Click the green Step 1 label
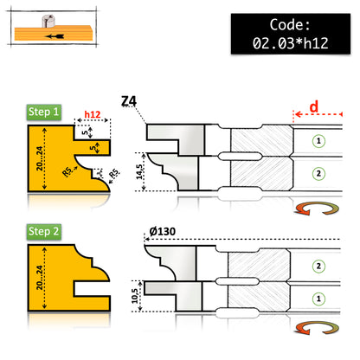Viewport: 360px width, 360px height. tap(44, 112)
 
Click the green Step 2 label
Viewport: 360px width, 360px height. tap(44, 232)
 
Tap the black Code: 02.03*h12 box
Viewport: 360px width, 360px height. tap(291, 34)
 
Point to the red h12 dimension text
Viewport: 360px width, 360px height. tap(93, 114)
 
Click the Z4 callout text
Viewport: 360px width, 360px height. tap(129, 101)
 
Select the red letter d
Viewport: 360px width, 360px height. tap(314, 106)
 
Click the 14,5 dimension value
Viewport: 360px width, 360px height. tap(139, 172)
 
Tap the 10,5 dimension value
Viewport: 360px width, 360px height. tap(135, 296)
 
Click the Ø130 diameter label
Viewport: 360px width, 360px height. tap(163, 231)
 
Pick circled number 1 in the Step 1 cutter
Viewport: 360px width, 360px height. tap(318, 141)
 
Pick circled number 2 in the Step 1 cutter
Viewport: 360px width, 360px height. tap(318, 174)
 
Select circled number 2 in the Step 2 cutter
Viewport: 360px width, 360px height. tap(318, 266)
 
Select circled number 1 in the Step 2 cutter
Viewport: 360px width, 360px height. tap(318, 299)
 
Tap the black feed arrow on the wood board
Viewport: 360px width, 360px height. tap(55, 36)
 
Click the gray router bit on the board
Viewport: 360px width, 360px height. tap(48, 21)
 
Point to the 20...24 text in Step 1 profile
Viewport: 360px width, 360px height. tap(40, 158)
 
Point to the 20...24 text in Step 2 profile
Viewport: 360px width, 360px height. tap(40, 278)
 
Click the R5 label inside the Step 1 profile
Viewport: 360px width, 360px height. tap(67, 172)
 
